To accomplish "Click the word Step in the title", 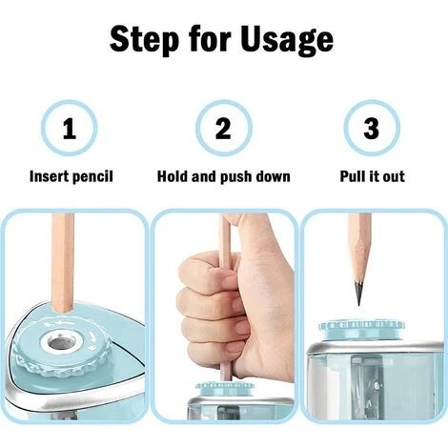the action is (144, 40).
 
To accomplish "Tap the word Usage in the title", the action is (287, 40).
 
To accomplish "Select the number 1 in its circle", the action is (70, 129).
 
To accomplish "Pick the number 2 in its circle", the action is (223, 129).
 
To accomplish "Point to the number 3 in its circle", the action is (372, 129).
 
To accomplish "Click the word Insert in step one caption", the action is (49, 176).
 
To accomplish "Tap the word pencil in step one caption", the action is (92, 176).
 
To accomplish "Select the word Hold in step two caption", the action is (173, 176).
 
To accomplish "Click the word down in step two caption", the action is (273, 176).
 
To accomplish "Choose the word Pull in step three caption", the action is (352, 176).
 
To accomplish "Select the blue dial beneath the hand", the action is (225, 389).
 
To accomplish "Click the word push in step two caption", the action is (236, 176).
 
